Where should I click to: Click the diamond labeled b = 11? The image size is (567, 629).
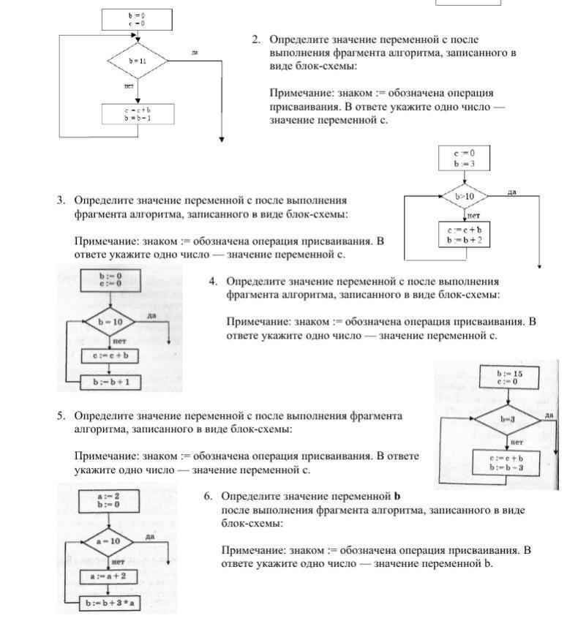[138, 61]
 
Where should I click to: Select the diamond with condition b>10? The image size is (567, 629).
[465, 196]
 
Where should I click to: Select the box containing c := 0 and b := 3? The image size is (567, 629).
[464, 158]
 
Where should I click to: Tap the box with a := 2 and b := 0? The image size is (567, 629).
[108, 500]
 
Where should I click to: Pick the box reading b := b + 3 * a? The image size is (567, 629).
[112, 604]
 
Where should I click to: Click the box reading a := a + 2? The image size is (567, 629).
[108, 576]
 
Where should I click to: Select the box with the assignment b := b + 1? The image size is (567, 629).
[111, 382]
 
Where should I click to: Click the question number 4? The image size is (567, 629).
[213, 281]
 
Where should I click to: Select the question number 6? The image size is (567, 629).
[208, 496]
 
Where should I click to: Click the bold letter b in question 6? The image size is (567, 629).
[397, 496]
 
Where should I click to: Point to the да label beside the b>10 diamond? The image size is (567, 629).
[512, 192]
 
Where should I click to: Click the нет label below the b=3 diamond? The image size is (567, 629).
[517, 441]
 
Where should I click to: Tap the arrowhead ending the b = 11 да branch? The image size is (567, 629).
[222, 139]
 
